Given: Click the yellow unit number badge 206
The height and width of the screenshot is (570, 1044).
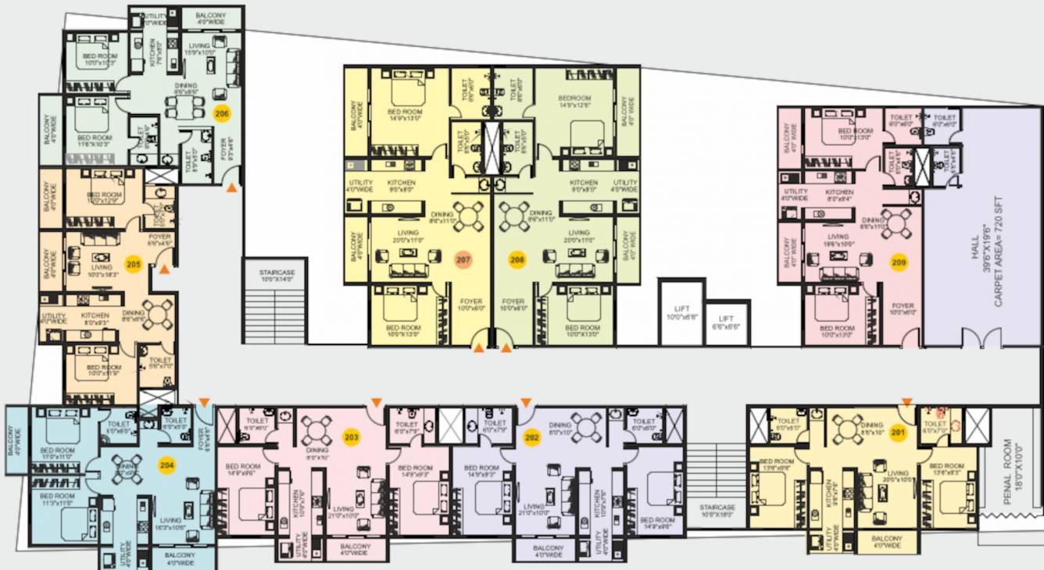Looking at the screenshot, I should click(x=223, y=113).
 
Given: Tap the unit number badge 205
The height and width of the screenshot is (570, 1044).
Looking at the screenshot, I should click(x=134, y=265).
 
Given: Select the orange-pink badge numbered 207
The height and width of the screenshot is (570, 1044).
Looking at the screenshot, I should click(x=464, y=259).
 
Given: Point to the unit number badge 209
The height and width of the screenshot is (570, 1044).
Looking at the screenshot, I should click(x=899, y=263).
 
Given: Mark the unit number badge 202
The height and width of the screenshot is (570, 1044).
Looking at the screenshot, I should click(x=532, y=437).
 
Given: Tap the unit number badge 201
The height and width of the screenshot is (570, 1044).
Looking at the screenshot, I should click(x=896, y=434).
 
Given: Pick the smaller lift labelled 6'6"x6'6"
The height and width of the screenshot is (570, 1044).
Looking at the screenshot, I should click(x=727, y=322).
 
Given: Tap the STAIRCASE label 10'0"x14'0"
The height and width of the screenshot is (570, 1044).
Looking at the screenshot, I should click(x=277, y=276).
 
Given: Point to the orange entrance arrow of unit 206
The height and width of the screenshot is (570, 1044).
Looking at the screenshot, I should click(x=231, y=187).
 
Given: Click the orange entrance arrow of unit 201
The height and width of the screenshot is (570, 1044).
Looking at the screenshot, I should click(x=906, y=402).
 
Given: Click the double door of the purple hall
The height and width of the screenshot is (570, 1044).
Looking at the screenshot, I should click(x=981, y=339).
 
